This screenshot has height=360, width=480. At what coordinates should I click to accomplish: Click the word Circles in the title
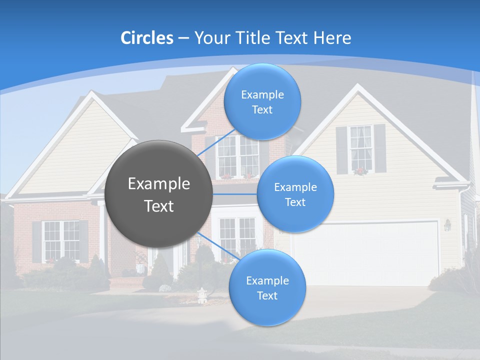[x=146, y=38]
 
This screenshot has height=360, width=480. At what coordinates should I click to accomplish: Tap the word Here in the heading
[x=332, y=38]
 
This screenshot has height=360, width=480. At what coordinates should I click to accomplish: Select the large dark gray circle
[x=158, y=193]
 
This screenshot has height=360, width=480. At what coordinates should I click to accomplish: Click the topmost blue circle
[x=262, y=102]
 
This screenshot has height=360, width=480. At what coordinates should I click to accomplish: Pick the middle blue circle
[x=295, y=194]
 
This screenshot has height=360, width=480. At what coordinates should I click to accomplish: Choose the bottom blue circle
[x=267, y=287]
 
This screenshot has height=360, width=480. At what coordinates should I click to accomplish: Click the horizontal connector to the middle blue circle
[x=235, y=193]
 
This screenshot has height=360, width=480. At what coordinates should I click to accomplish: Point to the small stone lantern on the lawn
[x=201, y=295]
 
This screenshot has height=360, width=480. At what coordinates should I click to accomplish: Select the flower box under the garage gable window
[x=359, y=171]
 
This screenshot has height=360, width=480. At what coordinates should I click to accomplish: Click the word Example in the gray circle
[x=158, y=184]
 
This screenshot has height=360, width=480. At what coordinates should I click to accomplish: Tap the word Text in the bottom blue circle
[x=267, y=295]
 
